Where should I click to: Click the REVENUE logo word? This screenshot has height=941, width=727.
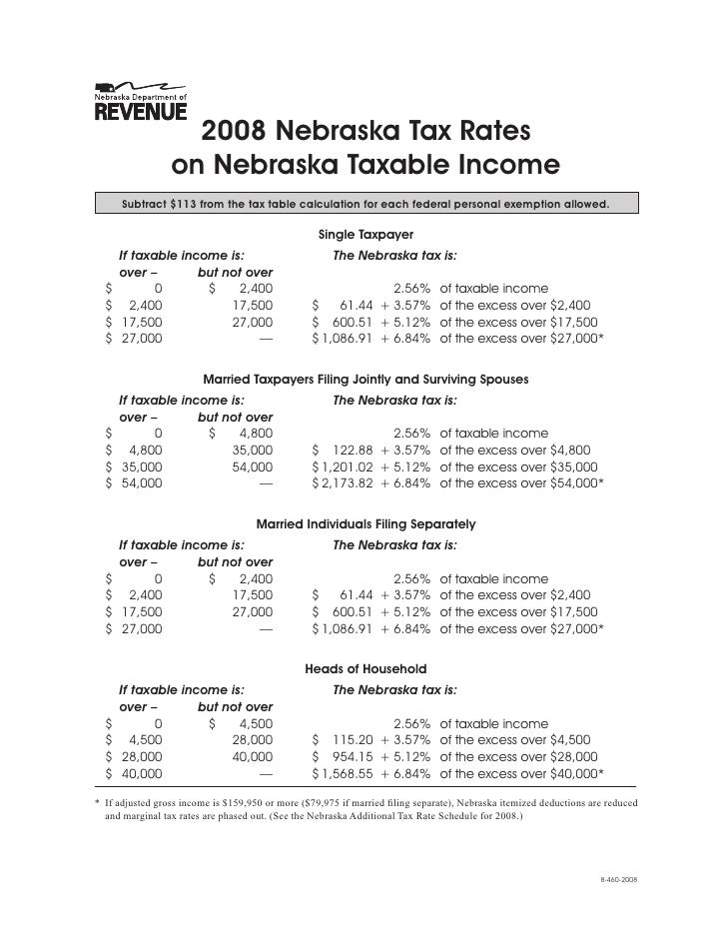point(141,109)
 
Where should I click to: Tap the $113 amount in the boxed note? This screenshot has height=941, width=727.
point(186,205)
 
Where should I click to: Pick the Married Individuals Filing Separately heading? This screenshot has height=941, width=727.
point(365,523)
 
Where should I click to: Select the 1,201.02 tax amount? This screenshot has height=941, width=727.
point(345,467)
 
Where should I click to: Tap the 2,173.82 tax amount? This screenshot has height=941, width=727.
point(345,483)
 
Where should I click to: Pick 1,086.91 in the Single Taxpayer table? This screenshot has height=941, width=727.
point(345,339)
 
